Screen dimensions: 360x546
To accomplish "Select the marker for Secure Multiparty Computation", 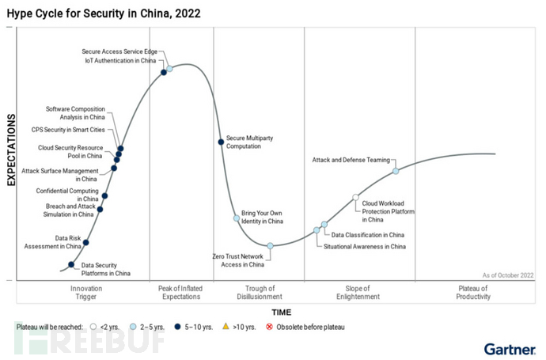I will tap(221, 142).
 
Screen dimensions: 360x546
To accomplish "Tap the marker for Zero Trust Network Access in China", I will tap(270, 246).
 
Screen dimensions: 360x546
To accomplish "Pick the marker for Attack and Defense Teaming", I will tap(396, 171).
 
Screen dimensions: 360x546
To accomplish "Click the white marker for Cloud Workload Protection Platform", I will tap(356, 197).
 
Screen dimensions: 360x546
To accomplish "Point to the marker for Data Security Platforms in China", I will tap(71, 265).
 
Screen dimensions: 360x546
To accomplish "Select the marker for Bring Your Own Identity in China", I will tap(236, 218).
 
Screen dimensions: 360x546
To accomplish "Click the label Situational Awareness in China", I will tap(364, 247).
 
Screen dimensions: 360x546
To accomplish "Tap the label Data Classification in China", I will tap(367, 235).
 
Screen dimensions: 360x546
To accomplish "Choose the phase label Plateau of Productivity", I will tap(473, 293).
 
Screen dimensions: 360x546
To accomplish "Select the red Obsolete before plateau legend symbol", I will tap(271, 326).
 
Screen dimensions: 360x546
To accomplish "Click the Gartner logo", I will tap(509, 347).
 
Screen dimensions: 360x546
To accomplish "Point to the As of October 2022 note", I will tap(507, 274).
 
